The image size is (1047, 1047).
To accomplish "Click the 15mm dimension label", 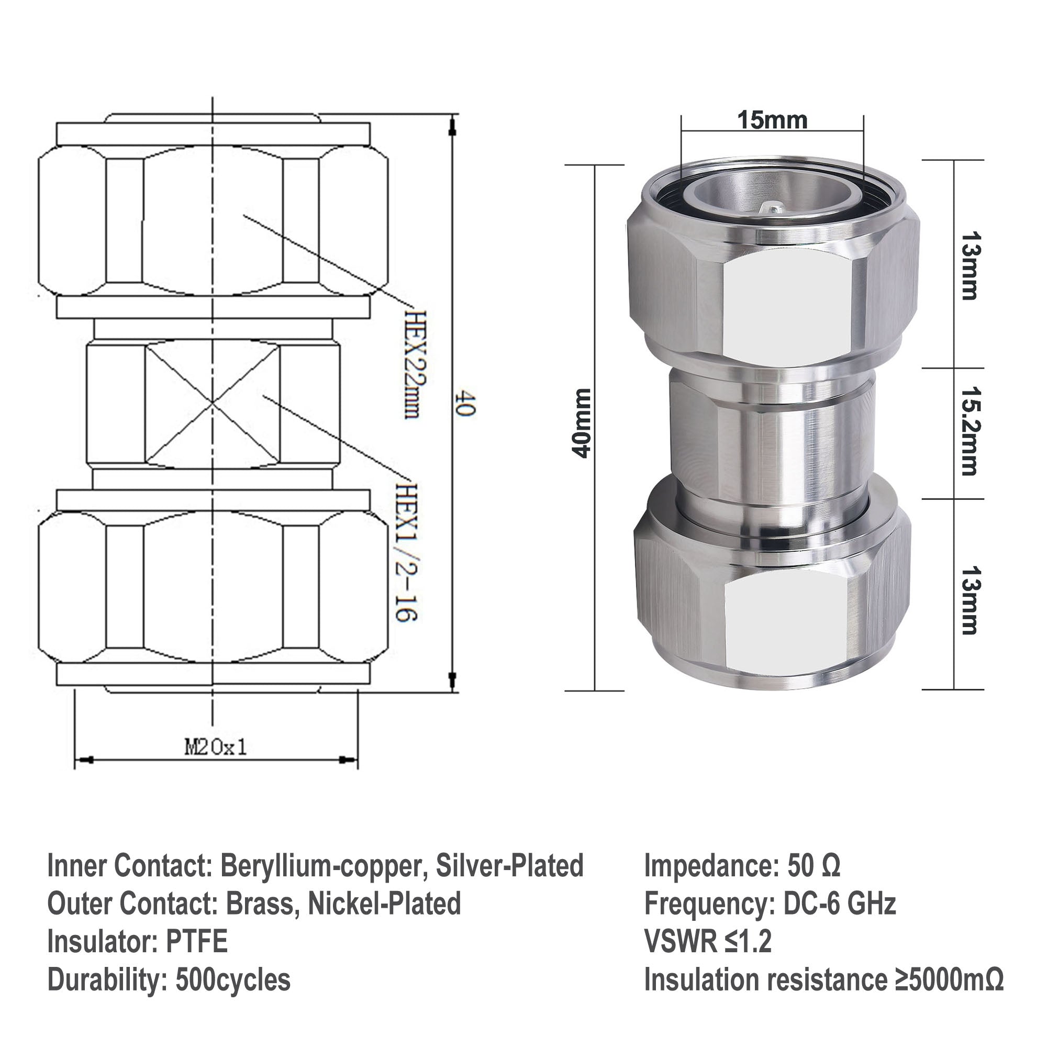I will pyautogui.click(x=772, y=120).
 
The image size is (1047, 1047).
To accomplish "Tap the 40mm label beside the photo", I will pyautogui.click(x=582, y=423).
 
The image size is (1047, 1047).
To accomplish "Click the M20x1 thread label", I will pyautogui.click(x=216, y=748).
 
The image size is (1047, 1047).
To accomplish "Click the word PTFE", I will pyautogui.click(x=196, y=941).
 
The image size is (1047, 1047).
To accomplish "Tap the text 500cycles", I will pyautogui.click(x=233, y=980).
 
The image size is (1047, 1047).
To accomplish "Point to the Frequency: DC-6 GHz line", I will pyautogui.click(x=770, y=904).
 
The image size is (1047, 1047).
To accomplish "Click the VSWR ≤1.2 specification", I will pyautogui.click(x=707, y=941).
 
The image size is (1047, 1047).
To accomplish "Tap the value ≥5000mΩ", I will pyautogui.click(x=949, y=980).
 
